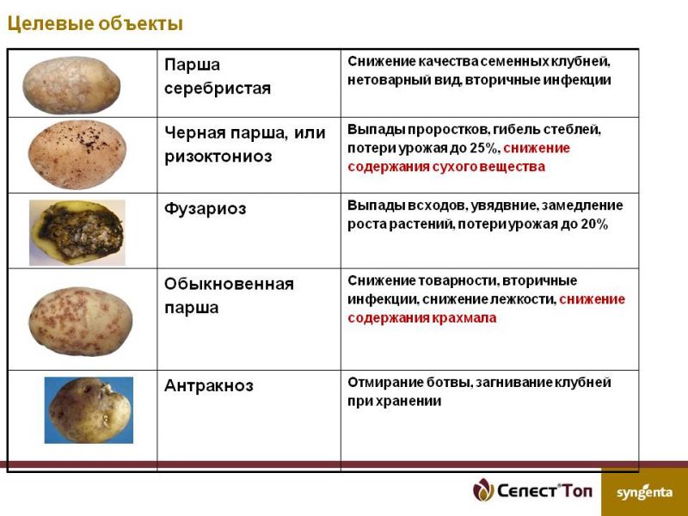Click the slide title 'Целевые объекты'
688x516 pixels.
[95, 24]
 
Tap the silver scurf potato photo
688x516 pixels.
[71, 85]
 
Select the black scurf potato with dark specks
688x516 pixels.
[77, 155]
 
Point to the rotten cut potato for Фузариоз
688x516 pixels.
[77, 232]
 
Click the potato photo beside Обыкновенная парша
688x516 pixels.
[81, 321]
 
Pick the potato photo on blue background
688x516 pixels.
[89, 410]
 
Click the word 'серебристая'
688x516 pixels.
[218, 89]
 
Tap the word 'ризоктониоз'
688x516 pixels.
[218, 157]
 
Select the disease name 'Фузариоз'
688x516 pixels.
[206, 208]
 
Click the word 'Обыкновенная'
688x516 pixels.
[229, 284]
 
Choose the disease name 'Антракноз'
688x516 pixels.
[209, 385]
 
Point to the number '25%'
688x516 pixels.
[484, 148]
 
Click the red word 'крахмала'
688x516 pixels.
[464, 317]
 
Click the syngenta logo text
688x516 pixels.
[644, 493]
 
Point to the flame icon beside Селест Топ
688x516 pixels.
[483, 489]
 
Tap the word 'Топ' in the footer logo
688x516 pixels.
[577, 491]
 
